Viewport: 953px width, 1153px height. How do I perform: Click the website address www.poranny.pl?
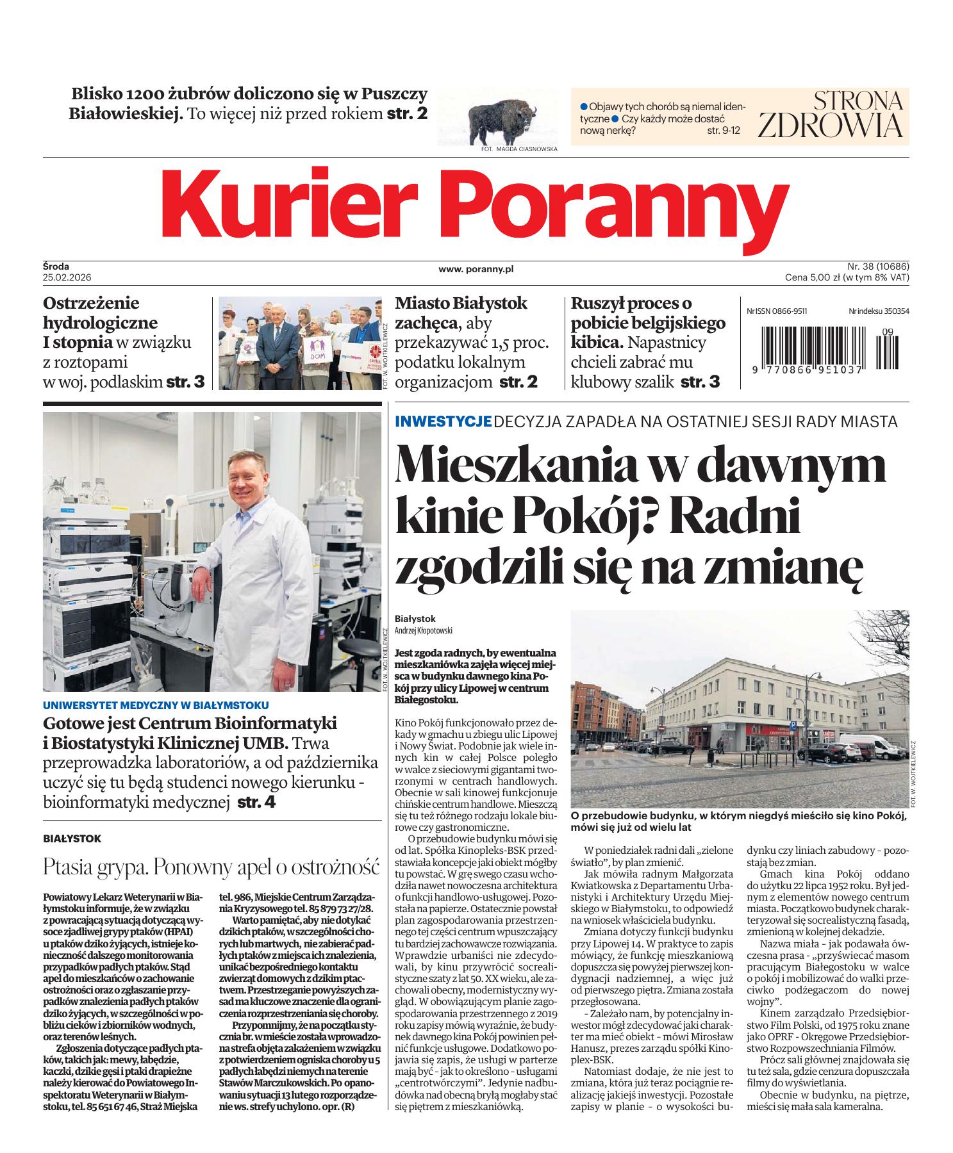(x=476, y=270)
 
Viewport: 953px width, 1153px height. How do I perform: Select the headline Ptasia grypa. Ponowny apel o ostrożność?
(x=208, y=867)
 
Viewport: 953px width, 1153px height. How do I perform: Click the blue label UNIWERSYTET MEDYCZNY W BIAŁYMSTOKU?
(x=156, y=705)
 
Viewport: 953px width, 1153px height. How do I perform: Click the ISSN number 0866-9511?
(x=789, y=311)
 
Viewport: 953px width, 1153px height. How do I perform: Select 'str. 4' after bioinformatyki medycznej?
(x=256, y=801)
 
